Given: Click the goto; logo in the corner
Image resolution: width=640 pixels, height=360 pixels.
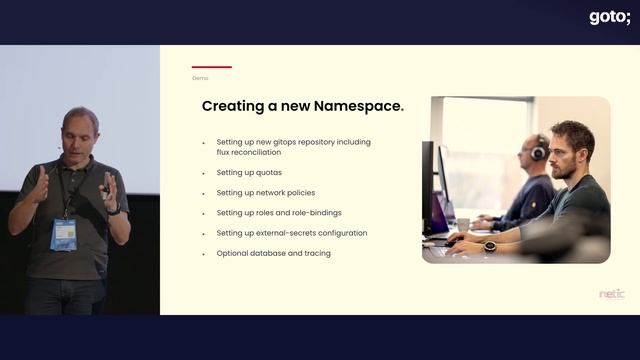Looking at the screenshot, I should click(x=610, y=17).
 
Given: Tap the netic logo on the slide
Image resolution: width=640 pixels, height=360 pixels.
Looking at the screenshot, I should click(x=611, y=294).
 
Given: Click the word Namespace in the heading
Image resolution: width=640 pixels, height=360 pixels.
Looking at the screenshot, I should click(x=353, y=106).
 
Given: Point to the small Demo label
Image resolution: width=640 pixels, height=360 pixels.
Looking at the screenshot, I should click(x=200, y=78).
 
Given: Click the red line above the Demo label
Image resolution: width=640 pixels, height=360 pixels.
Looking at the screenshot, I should click(x=211, y=67).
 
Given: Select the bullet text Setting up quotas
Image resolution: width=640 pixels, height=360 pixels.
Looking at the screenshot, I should click(x=249, y=172).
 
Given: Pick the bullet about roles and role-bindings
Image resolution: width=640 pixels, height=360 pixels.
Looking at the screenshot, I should click(x=280, y=213).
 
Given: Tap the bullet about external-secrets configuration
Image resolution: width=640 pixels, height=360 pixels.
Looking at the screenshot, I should click(x=291, y=233).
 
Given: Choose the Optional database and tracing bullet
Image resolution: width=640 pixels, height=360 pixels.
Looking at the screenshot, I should click(x=273, y=253).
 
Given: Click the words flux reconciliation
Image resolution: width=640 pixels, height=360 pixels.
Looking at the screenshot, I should click(x=251, y=152).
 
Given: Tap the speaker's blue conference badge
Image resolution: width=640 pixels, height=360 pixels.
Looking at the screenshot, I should click(x=64, y=234).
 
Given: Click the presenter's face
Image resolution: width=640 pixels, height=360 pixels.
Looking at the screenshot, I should click(x=79, y=133).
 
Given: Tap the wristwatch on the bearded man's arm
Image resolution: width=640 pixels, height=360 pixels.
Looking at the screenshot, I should click(x=490, y=246).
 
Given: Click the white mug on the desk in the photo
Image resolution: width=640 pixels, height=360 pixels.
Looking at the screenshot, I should click(x=463, y=225).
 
